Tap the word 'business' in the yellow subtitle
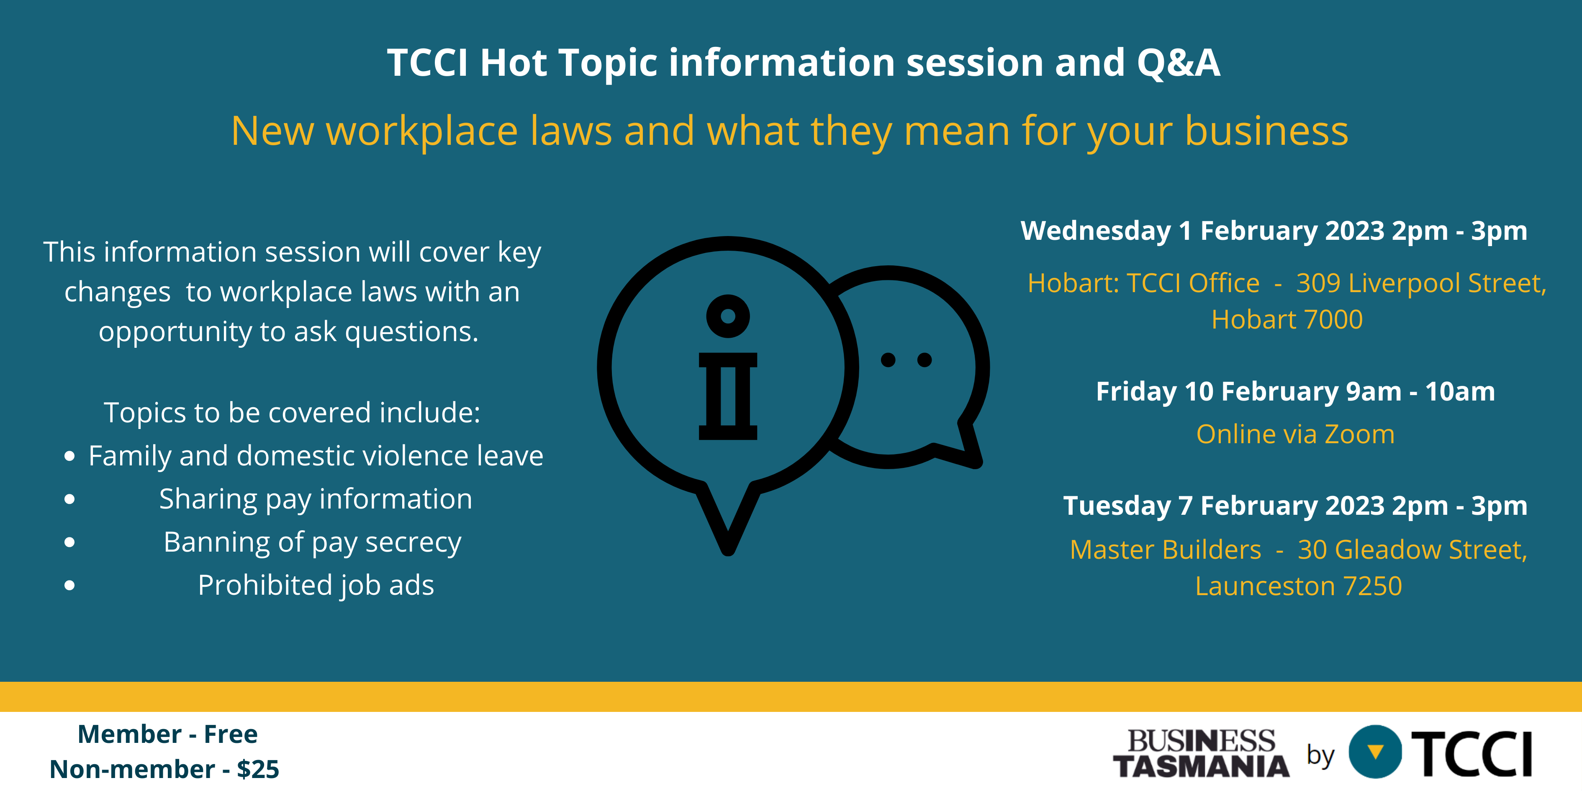(x=1266, y=131)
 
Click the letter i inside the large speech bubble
(x=728, y=367)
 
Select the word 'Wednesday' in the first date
(x=1096, y=231)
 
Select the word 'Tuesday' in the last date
(x=1117, y=506)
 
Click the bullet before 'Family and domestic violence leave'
(x=69, y=456)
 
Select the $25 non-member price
(x=258, y=769)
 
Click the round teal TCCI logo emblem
(x=1376, y=752)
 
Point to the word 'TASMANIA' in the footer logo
(x=1201, y=766)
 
